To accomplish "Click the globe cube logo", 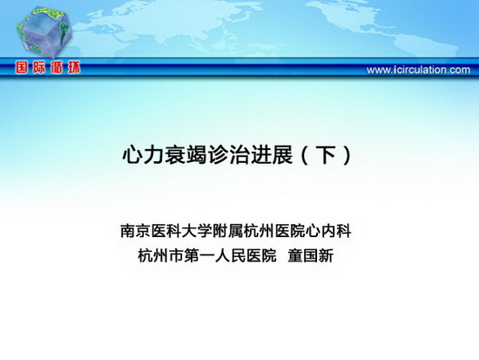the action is [x=44, y=32].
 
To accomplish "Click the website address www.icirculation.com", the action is [x=418, y=70].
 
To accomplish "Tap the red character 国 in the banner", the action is [x=22, y=67].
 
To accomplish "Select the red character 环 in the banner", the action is [x=74, y=67].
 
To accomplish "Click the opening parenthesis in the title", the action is [x=305, y=155].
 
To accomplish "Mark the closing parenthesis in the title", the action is [x=347, y=155].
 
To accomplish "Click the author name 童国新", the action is [x=311, y=255].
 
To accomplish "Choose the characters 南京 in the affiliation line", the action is [x=136, y=231].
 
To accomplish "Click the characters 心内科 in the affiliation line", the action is [x=328, y=231].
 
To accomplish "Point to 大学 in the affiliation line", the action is [x=198, y=231].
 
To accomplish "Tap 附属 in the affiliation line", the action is [x=228, y=231].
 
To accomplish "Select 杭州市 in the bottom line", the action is [x=161, y=255].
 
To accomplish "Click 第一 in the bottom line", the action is [x=199, y=255].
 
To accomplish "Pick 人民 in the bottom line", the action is [x=230, y=255].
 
